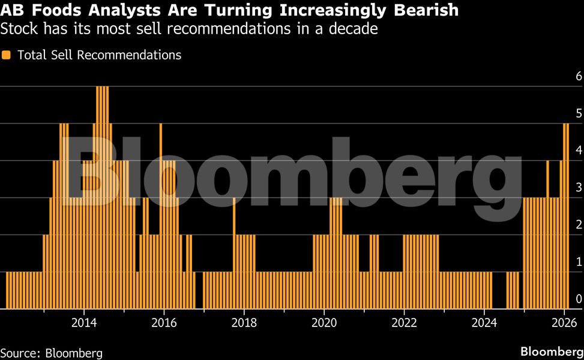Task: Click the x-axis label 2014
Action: tap(83, 322)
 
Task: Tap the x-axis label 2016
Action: tap(164, 322)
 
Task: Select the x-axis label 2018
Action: tap(244, 322)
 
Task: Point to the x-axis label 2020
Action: tap(324, 322)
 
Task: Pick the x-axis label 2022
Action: tap(404, 322)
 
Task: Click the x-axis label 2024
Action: tap(484, 322)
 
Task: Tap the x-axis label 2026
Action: tap(564, 322)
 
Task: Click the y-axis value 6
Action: tap(579, 76)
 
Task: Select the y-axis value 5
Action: tap(579, 113)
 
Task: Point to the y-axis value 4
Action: tap(579, 151)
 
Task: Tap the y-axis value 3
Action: tap(579, 188)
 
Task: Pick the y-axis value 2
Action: tap(579, 225)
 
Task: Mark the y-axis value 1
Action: tap(579, 262)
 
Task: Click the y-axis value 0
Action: tap(579, 299)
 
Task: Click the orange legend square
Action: tap(7, 55)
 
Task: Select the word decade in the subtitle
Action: tap(355, 28)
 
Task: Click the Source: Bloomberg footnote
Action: tap(52, 353)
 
